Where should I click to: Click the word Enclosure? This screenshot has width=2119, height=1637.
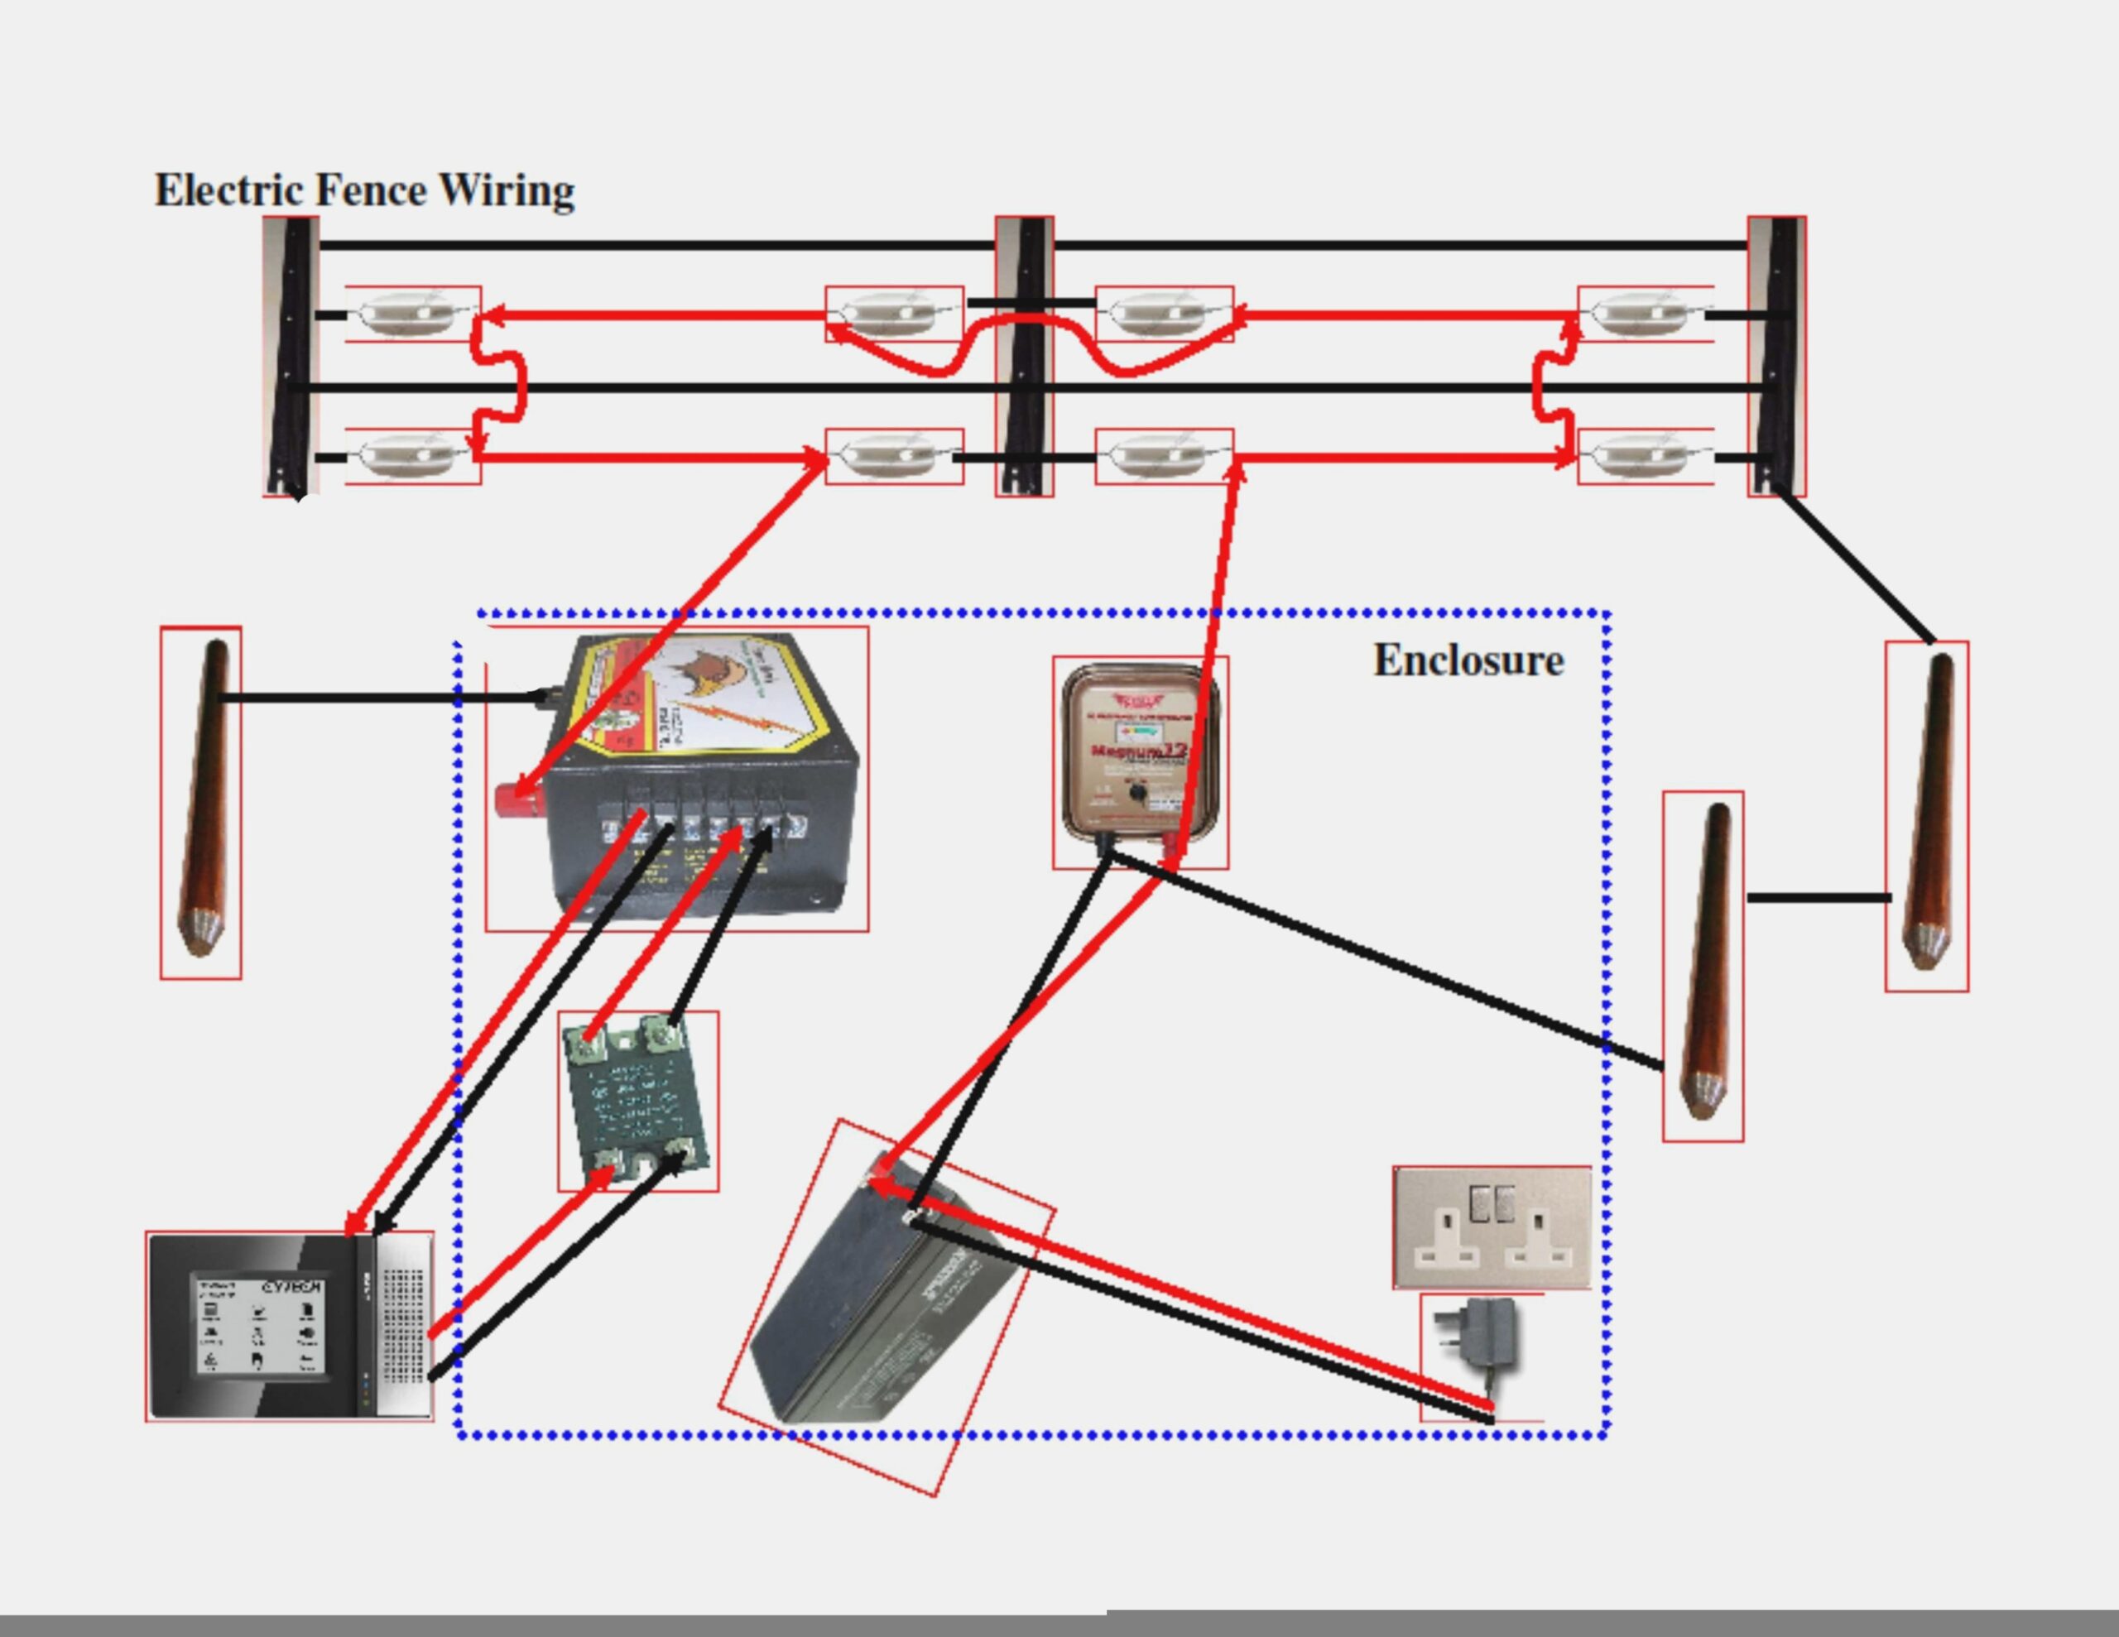[x=1468, y=660]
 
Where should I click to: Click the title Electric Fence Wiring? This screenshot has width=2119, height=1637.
[x=365, y=190]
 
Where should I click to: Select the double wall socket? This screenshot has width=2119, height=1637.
[x=1492, y=1227]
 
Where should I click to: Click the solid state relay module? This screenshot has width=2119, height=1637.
[x=637, y=1102]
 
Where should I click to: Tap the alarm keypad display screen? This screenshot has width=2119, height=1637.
[x=258, y=1324]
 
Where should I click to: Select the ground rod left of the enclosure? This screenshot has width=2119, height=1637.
[x=202, y=800]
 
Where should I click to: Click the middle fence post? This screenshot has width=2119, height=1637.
[x=1025, y=356]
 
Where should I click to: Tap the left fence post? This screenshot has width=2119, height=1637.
[x=291, y=356]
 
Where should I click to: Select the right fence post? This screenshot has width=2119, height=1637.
[x=1776, y=356]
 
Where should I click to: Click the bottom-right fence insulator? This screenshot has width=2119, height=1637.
[x=1645, y=456]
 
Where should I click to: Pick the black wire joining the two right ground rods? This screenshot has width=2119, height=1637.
[x=1819, y=898]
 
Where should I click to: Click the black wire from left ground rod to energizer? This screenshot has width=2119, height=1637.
[x=378, y=697]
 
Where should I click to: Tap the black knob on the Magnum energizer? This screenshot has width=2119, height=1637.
[x=1138, y=793]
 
